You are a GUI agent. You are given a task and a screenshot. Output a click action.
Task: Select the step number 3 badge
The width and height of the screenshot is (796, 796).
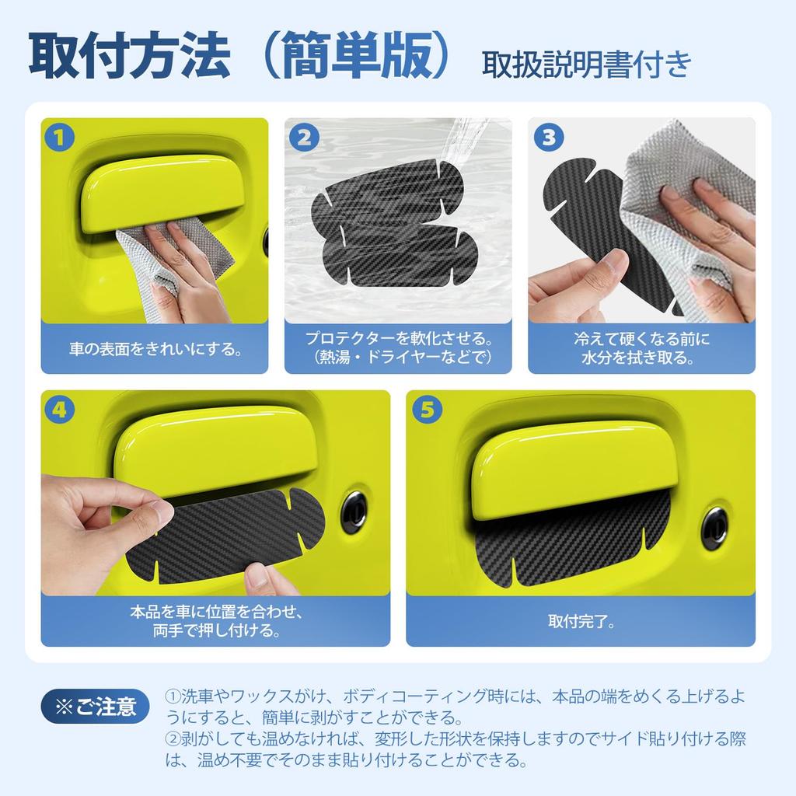548,138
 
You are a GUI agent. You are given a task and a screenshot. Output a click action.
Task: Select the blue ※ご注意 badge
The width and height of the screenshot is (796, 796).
96,707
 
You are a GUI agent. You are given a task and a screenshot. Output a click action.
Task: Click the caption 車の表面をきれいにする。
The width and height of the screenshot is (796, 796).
154,348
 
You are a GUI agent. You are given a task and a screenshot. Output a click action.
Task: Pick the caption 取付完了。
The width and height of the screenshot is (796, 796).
581,621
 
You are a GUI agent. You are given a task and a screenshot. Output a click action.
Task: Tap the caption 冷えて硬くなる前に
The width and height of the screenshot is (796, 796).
641,339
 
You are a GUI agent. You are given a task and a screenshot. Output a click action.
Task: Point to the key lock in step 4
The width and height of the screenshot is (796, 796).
354,511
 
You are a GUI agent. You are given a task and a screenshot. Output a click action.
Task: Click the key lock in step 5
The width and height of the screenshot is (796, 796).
714,526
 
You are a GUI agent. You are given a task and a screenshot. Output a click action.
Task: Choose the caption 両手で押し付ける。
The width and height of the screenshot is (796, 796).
215,630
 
